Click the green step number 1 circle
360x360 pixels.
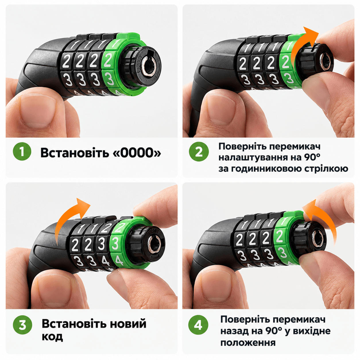point(22,151)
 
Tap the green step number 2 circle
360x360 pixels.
point(199,151)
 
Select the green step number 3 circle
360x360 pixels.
point(22,325)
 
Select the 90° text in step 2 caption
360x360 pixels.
point(311,158)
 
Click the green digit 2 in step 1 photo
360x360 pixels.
point(108,60)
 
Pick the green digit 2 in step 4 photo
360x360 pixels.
point(279,236)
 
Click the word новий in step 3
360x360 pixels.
point(128,324)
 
